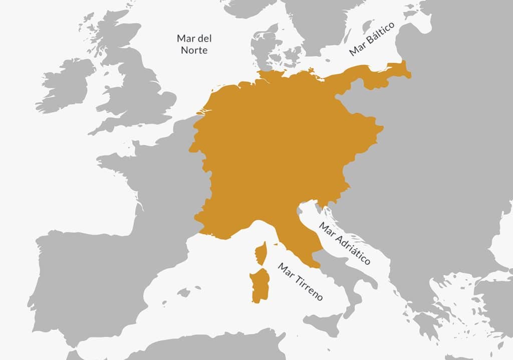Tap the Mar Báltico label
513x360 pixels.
372,39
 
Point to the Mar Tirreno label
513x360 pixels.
301,281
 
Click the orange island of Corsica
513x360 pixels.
261,253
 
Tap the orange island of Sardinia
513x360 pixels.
260,285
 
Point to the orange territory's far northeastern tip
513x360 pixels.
408,74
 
